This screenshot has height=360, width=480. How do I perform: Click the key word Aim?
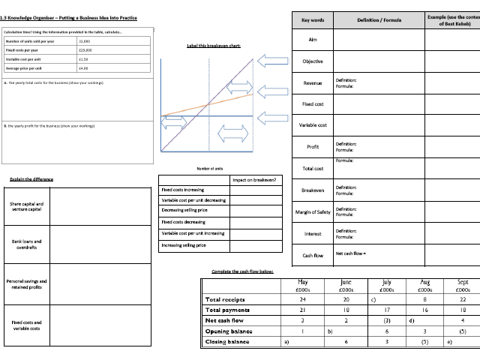[x=313, y=39]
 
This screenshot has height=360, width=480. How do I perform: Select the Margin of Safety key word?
[x=313, y=212]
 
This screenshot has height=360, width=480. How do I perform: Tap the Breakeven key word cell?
[x=313, y=190]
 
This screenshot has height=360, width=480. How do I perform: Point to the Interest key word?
[x=313, y=234]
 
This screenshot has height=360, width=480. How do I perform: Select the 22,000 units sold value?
[x=85, y=40]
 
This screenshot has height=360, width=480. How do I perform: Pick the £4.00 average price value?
[x=83, y=67]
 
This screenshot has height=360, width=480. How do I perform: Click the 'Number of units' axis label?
[x=210, y=169]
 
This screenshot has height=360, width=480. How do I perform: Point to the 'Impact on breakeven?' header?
[x=254, y=180]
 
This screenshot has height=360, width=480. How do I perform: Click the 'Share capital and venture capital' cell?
[x=26, y=206]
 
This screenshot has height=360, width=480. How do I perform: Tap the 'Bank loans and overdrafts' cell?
[x=26, y=244]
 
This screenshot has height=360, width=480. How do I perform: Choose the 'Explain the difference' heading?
[x=31, y=179]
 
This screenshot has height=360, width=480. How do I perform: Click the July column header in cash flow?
[x=386, y=286]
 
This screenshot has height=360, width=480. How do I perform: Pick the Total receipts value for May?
[x=303, y=299]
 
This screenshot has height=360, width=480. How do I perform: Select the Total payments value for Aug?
[x=424, y=310]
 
